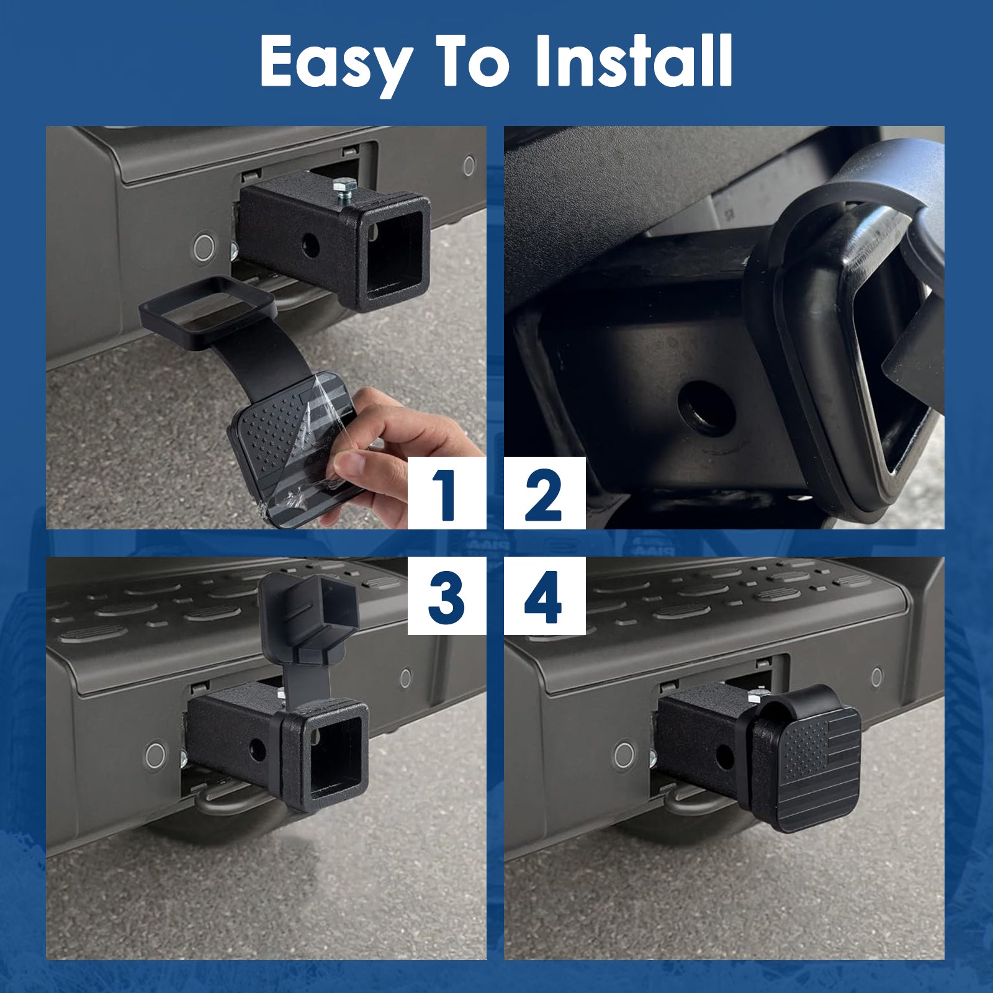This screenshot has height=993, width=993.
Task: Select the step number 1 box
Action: tap(446, 493)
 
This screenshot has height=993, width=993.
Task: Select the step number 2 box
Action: tap(544, 493)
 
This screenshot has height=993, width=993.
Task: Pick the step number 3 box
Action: tap(446, 596)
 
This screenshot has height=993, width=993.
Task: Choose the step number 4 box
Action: tap(544, 596)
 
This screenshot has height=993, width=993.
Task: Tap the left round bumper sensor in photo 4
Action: tap(624, 755)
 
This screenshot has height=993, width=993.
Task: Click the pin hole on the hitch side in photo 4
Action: tap(724, 755)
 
